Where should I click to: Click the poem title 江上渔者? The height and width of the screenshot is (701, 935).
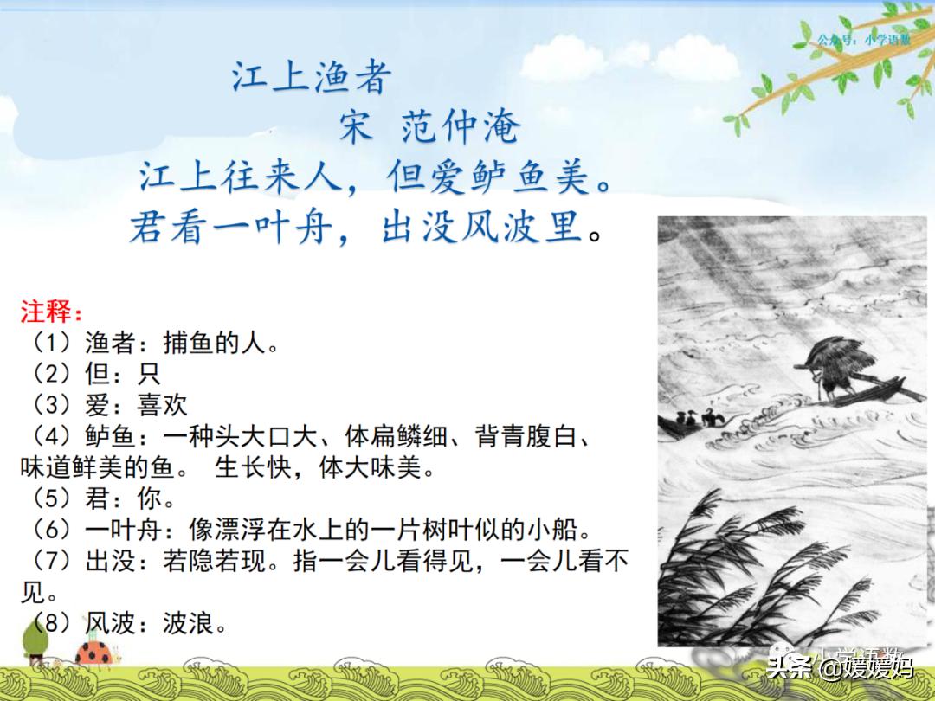(x=312, y=77)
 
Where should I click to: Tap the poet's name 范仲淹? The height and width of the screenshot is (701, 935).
(x=461, y=126)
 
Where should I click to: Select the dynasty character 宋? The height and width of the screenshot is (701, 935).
(x=357, y=126)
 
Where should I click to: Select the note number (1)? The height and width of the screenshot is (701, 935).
(x=53, y=343)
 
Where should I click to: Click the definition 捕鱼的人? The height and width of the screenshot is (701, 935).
(x=214, y=343)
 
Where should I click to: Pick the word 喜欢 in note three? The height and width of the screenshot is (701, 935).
(x=162, y=405)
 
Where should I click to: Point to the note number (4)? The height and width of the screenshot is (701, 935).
(x=53, y=436)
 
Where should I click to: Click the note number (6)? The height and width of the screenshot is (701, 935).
(x=53, y=530)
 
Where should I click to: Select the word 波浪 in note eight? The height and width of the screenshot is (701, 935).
(x=188, y=623)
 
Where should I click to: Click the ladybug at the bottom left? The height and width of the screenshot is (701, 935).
(x=95, y=653)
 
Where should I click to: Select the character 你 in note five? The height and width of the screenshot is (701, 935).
(x=149, y=498)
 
